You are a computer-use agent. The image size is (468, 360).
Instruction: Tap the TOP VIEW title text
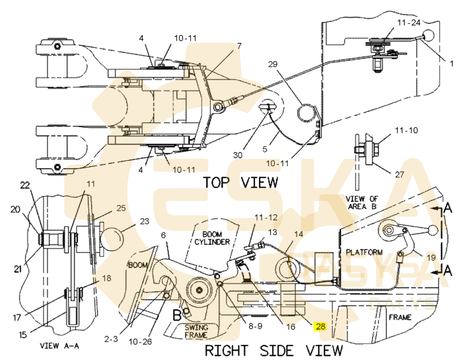click(240, 182)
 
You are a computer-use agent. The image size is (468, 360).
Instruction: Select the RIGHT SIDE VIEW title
click(273, 351)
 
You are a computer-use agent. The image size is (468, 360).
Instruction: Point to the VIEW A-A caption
click(59, 346)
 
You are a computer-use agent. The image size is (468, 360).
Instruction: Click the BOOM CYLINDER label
click(213, 238)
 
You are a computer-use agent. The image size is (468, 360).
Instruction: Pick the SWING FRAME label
click(196, 331)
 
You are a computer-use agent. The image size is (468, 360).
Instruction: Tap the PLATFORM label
click(364, 252)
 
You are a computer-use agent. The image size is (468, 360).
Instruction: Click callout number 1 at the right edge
click(451, 63)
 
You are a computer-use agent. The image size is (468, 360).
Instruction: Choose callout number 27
click(399, 174)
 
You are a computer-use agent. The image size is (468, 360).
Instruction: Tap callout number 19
click(431, 258)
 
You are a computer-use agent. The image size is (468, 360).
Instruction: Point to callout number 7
click(239, 46)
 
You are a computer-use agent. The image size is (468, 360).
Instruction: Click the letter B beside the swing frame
click(176, 314)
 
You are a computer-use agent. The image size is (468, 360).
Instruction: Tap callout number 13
click(272, 232)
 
